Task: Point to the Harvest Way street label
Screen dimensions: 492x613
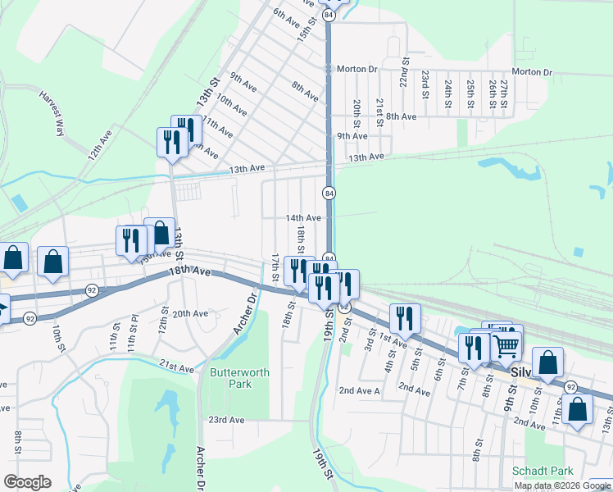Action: [x=52, y=111]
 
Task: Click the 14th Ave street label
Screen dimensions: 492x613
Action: [x=302, y=218]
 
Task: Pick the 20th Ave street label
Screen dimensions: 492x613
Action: [x=190, y=314]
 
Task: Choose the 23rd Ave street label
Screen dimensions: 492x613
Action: [x=226, y=420]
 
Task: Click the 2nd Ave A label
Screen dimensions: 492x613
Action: [x=360, y=391]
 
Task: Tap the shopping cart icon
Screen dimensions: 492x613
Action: [x=506, y=345]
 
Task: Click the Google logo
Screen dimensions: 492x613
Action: [x=27, y=482]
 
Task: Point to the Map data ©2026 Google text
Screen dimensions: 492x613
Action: [x=562, y=485]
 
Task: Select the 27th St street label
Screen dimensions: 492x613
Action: [x=505, y=94]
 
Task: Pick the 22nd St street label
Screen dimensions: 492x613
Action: [x=404, y=72]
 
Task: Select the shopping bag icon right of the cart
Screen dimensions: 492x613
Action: [x=547, y=361]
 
